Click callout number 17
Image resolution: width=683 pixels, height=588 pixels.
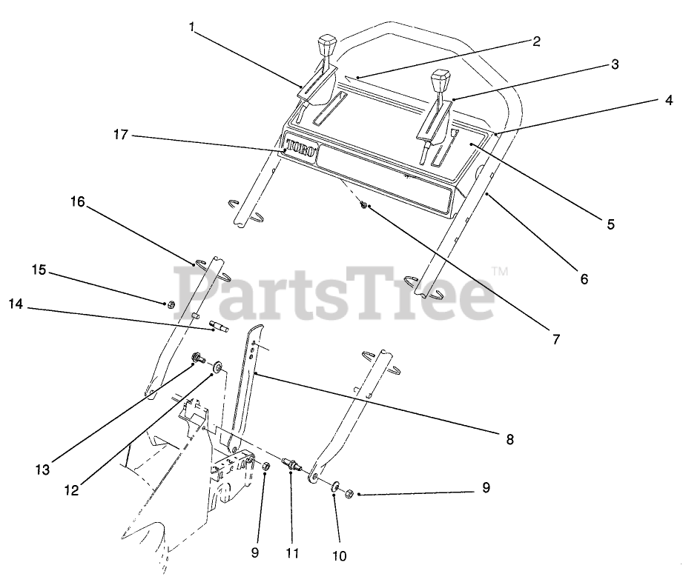pos(121,135)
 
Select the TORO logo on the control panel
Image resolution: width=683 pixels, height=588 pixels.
pos(303,147)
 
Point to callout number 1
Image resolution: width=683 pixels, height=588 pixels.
pos(192,27)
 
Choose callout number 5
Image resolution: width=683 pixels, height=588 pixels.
pos(610,224)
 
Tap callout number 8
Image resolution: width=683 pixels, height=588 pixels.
pos(509,439)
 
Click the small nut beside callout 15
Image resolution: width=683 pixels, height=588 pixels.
pos(168,303)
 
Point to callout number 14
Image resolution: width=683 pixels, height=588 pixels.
pos(15,302)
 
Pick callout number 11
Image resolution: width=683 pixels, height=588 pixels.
pos(292,552)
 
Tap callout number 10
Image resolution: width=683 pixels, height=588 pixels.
pos(340,555)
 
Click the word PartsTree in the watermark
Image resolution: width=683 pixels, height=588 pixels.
pos(334,290)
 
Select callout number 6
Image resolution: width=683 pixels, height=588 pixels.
pos(584,279)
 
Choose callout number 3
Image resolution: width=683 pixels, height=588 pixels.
pos(615,64)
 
